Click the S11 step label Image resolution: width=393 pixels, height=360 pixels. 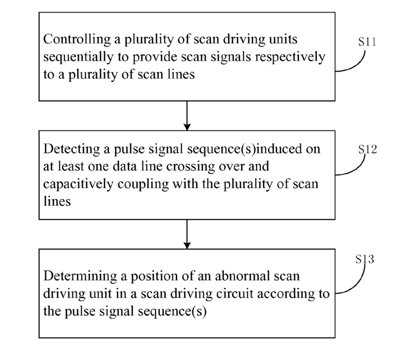(x=367, y=42)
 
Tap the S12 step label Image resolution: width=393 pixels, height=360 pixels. (x=367, y=149)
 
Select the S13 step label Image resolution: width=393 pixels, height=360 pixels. (x=364, y=259)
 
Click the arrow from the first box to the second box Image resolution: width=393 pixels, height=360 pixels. (x=187, y=116)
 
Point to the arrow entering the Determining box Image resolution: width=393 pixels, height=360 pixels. (x=187, y=234)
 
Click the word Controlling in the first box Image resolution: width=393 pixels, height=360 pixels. (x=77, y=39)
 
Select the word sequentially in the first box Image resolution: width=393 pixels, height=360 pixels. (x=78, y=58)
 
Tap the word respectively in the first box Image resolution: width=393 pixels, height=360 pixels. (x=291, y=58)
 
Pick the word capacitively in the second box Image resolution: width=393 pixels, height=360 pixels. (x=78, y=184)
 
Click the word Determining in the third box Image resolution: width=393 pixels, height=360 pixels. (x=80, y=276)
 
